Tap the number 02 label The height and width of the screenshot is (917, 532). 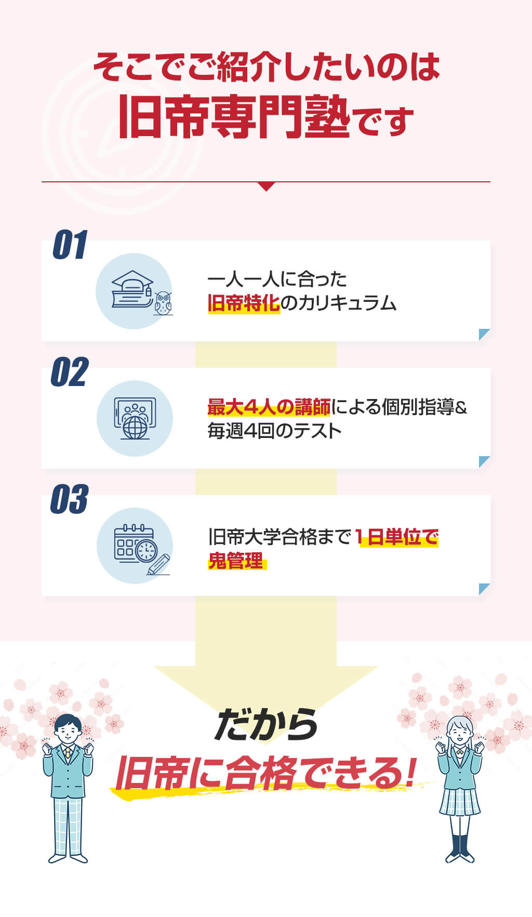pyautogui.click(x=70, y=372)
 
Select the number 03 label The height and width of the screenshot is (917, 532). pyautogui.click(x=70, y=499)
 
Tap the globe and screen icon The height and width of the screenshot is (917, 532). pyautogui.click(x=135, y=418)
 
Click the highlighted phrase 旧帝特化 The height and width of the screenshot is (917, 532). pyautogui.click(x=244, y=303)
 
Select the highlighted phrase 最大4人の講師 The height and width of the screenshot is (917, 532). pyautogui.click(x=269, y=407)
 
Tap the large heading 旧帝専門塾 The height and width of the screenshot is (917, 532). pyautogui.click(x=234, y=116)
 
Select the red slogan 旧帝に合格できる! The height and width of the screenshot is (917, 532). pyautogui.click(x=265, y=773)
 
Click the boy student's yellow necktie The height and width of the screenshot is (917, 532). pyautogui.click(x=68, y=753)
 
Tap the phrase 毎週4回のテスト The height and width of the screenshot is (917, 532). pyautogui.click(x=274, y=431)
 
